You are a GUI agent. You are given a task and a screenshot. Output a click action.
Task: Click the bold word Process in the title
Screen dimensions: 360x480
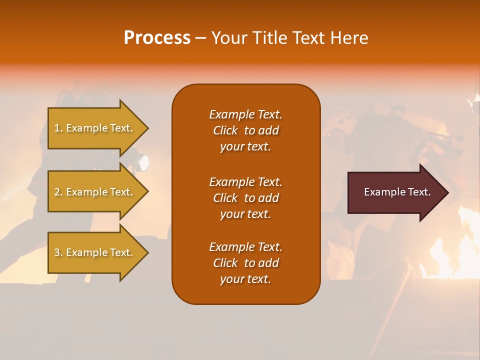pyautogui.click(x=157, y=38)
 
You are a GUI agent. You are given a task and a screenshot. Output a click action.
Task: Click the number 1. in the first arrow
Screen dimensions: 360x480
pyautogui.click(x=58, y=128)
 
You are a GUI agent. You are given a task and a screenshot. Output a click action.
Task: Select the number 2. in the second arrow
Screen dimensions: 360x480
pyautogui.click(x=58, y=192)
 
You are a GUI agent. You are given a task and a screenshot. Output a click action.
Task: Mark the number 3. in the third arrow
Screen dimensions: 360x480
pyautogui.click(x=58, y=252)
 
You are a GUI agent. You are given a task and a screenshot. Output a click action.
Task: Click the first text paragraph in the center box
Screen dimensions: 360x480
pyautogui.click(x=245, y=130)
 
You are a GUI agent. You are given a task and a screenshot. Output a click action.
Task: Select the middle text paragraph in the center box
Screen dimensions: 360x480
pyautogui.click(x=245, y=197)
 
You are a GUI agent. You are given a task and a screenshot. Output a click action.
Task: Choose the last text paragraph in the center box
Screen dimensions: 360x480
pyautogui.click(x=245, y=263)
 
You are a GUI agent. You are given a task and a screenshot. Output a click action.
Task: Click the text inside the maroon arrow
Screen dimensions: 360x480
pyautogui.click(x=397, y=192)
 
